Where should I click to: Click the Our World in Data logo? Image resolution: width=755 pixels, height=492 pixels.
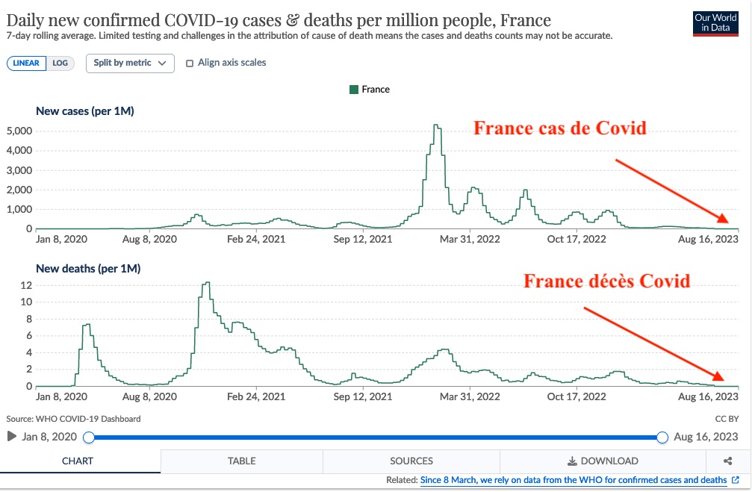pyautogui.click(x=715, y=23)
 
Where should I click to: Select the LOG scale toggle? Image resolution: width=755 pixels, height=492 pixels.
pyautogui.click(x=60, y=63)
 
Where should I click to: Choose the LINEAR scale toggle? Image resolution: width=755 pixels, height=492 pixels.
pyautogui.click(x=27, y=63)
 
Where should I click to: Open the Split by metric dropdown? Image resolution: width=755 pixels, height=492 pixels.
pyautogui.click(x=130, y=63)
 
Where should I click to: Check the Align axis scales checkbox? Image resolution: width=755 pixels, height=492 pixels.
pyautogui.click(x=190, y=63)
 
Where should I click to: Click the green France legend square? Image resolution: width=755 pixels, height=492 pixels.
pyautogui.click(x=354, y=90)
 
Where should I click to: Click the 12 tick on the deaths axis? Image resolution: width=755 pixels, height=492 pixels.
pyautogui.click(x=25, y=285)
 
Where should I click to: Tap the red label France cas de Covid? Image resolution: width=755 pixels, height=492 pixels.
pyautogui.click(x=559, y=128)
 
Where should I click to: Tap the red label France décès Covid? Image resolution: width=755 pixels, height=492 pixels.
pyautogui.click(x=606, y=281)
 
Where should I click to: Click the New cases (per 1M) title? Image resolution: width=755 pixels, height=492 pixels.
pyautogui.click(x=85, y=111)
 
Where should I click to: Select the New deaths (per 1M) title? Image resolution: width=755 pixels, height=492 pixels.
pyautogui.click(x=88, y=269)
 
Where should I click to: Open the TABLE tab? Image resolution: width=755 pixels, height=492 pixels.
pyautogui.click(x=241, y=461)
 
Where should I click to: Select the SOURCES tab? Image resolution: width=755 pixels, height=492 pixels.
pyautogui.click(x=411, y=461)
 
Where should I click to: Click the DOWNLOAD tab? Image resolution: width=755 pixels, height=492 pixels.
pyautogui.click(x=603, y=461)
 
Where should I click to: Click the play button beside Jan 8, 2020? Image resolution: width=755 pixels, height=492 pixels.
pyautogui.click(x=11, y=436)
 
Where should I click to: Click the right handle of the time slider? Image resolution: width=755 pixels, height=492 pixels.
pyautogui.click(x=662, y=437)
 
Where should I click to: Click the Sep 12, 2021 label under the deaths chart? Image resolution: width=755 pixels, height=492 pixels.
pyautogui.click(x=363, y=397)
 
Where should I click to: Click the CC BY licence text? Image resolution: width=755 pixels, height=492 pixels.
pyautogui.click(x=726, y=419)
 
